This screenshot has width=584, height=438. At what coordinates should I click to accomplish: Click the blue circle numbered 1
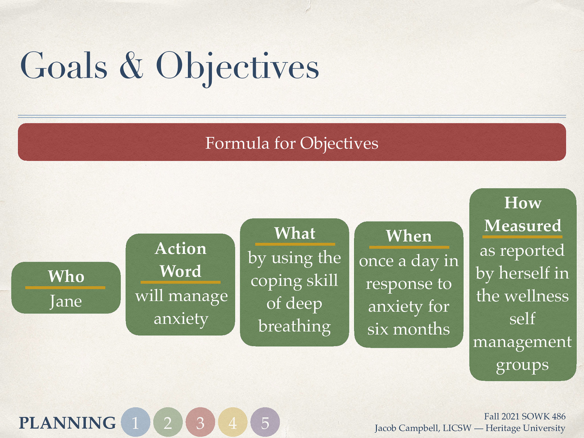pos(135,422)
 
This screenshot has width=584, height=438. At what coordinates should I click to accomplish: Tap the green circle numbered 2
pos(168,422)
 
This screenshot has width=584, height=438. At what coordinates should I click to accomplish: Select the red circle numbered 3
pos(200,422)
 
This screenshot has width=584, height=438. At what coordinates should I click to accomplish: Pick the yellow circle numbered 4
pos(233,422)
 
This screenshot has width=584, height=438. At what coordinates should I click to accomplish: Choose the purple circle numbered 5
pos(265,422)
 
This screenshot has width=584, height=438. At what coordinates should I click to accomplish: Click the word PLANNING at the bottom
pos(67,423)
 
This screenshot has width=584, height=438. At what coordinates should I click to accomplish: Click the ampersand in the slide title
pos(131,66)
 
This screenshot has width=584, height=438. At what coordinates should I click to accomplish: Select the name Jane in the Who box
pos(66,301)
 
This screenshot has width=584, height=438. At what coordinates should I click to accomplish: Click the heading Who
pos(66,276)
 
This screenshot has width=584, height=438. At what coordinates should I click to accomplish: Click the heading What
pos(295,233)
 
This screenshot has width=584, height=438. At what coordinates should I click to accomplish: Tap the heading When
pos(408,236)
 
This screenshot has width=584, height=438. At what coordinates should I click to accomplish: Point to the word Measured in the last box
pos(522,226)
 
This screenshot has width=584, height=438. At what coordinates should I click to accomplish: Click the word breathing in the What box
pos(294,326)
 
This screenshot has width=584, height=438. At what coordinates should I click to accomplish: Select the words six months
pos(408,329)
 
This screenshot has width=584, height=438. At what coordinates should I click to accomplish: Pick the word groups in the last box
pos(522,364)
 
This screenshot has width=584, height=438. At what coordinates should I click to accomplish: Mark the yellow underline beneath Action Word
pos(180,282)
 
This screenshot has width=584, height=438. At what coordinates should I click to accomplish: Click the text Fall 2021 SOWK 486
pos(525,416)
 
